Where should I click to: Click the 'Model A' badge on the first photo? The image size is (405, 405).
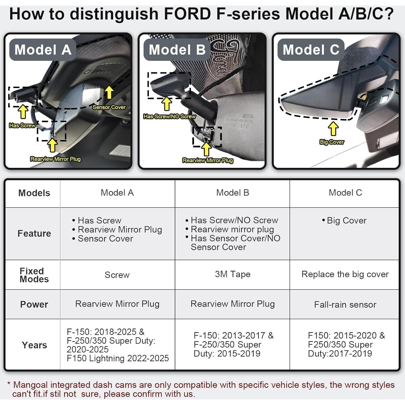click(x=43, y=50)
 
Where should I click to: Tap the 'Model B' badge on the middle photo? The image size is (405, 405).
click(x=177, y=50)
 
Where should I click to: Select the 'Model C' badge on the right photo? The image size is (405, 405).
click(x=311, y=50)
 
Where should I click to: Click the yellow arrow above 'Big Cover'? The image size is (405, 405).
click(x=333, y=129)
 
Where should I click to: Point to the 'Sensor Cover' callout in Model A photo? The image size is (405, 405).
click(x=109, y=107)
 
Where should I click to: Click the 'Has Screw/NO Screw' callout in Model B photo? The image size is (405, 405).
click(x=169, y=116)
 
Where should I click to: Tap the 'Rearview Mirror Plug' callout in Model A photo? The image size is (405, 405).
click(x=55, y=159)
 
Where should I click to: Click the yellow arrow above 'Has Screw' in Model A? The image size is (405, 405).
click(x=23, y=111)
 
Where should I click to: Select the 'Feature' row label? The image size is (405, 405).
click(x=34, y=233)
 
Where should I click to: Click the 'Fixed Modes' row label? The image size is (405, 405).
click(x=34, y=275)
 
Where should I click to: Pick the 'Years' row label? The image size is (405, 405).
click(x=34, y=345)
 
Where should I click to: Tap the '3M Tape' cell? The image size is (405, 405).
click(x=232, y=274)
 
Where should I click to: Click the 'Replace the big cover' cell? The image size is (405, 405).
click(x=345, y=274)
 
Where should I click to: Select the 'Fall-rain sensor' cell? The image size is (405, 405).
click(x=345, y=305)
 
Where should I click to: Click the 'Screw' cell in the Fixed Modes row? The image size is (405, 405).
click(x=117, y=275)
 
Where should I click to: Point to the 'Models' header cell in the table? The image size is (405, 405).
click(x=34, y=193)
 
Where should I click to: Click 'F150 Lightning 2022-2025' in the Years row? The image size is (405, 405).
click(x=117, y=358)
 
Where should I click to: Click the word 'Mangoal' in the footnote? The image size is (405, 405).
click(x=30, y=385)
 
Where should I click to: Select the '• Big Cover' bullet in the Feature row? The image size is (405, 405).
click(x=344, y=221)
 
